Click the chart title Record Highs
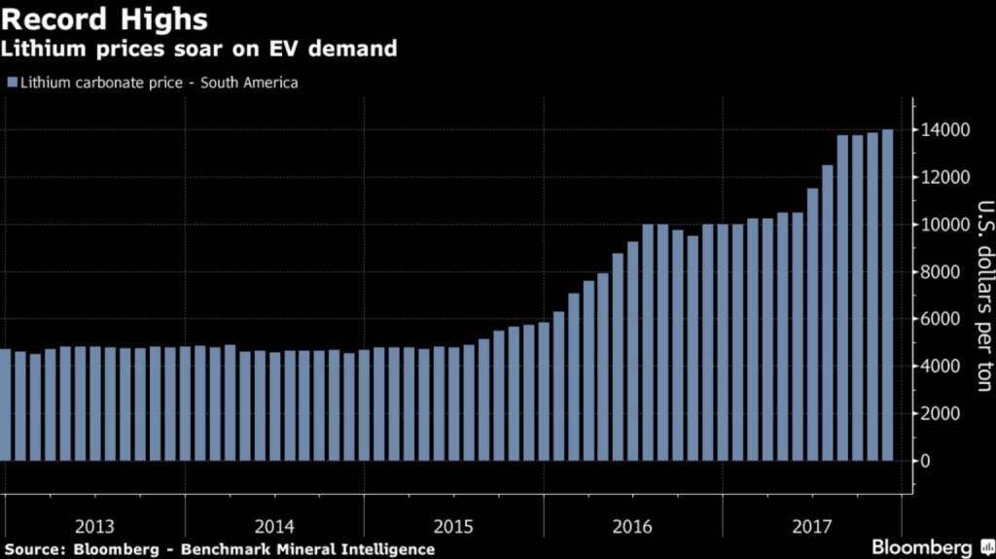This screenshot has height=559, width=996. [x=105, y=19]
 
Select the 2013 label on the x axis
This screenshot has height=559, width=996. [x=93, y=527]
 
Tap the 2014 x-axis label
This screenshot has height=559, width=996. [x=273, y=527]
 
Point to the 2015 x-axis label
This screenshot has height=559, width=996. [x=453, y=527]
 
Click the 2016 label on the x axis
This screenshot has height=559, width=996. [x=633, y=527]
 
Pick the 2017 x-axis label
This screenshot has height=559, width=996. [x=812, y=527]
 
